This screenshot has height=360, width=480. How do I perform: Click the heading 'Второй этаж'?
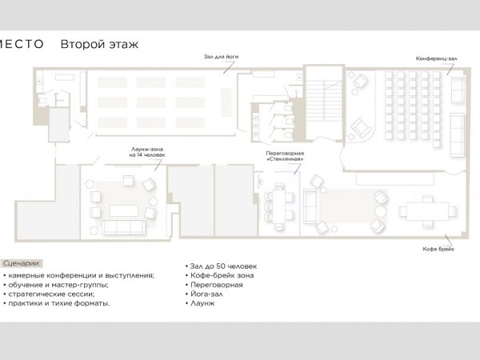click(x=99, y=44)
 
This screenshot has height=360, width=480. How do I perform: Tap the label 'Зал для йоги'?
click(x=221, y=57)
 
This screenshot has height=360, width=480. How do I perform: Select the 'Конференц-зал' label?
click(x=436, y=58)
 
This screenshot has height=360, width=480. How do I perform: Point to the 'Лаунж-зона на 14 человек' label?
click(x=147, y=152)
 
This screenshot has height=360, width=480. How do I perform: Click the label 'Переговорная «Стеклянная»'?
click(x=285, y=156)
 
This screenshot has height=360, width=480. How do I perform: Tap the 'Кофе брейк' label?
click(x=438, y=249)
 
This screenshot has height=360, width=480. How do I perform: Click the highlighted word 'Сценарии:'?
click(x=22, y=263)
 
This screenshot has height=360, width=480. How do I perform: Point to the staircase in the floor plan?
click(x=324, y=102)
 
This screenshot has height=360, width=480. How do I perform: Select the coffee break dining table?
click(x=427, y=211)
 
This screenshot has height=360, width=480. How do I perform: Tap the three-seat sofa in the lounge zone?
click(x=123, y=227)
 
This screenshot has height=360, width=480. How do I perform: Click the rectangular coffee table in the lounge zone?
click(x=124, y=211)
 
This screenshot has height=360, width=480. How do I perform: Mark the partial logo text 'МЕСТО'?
click(x=22, y=44)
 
